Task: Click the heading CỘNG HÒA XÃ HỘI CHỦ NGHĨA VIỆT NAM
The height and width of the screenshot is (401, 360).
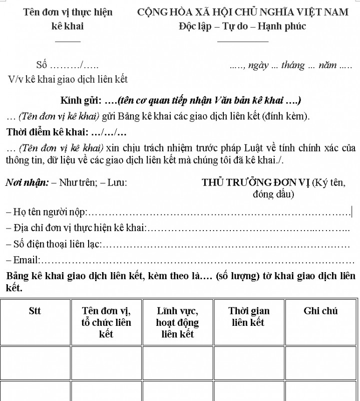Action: coord(242,12)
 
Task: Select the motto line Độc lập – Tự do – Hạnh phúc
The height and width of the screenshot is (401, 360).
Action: coord(242,26)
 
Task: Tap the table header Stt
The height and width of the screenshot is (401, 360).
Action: coord(35,311)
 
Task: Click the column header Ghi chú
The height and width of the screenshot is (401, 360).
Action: coord(320,311)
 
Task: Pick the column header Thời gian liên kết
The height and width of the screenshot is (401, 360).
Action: coord(249,317)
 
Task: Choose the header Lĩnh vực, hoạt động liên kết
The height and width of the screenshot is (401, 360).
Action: coord(177,322)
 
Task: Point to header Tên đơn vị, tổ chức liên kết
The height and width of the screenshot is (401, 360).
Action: coord(106,322)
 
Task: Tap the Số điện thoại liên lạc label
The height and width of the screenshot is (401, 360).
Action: coord(54,244)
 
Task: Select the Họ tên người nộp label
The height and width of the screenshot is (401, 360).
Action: coord(48,213)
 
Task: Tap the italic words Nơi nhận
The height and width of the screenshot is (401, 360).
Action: coord(27,183)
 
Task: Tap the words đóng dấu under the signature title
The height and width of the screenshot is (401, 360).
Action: coord(273,194)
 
